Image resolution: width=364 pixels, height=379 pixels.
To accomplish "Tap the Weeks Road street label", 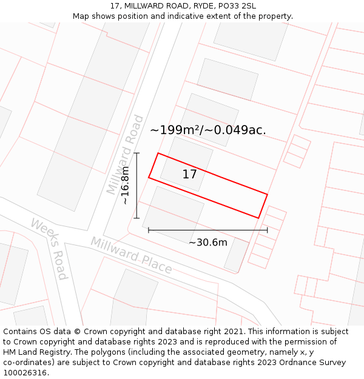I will (49, 249).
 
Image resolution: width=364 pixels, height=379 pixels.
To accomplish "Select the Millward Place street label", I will (131, 255).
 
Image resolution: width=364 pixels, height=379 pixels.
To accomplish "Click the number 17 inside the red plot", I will (189, 175).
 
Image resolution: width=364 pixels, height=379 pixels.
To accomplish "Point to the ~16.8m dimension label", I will (125, 186).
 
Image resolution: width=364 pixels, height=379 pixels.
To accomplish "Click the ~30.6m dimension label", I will (208, 243).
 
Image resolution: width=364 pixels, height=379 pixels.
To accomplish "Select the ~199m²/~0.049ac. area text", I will (208, 130).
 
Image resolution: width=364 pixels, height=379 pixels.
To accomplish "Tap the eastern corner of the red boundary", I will (268, 194).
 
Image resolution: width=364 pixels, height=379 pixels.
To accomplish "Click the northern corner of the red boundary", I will (158, 153).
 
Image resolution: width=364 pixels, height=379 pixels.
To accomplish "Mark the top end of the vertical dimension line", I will (137, 153).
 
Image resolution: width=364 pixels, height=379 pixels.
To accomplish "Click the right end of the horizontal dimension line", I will (268, 230).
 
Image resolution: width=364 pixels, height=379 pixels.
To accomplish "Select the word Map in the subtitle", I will (81, 16).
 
